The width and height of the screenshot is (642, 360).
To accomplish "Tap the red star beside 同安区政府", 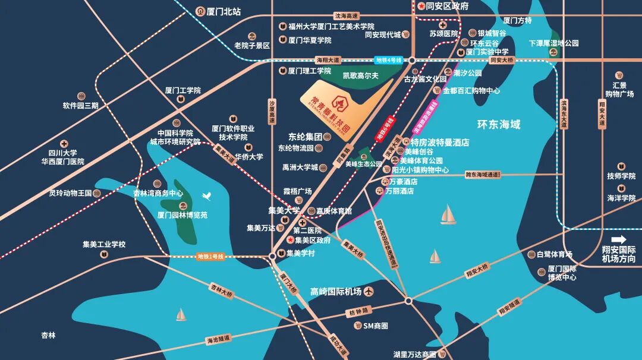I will (421, 7).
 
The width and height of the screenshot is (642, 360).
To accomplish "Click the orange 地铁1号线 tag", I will (211, 257).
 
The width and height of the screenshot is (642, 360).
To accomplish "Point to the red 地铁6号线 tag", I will (384, 129).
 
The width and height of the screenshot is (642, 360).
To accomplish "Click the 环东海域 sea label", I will (499, 125).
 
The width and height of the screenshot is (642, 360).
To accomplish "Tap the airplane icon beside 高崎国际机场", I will (369, 292).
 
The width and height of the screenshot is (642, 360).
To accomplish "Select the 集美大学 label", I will (284, 211).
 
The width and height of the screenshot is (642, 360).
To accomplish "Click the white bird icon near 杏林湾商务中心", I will (207, 195).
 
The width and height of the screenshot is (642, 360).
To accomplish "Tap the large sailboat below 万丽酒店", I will (448, 214).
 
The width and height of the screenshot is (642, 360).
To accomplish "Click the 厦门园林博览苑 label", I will (182, 215).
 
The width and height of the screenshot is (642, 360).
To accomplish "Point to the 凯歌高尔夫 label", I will (361, 76).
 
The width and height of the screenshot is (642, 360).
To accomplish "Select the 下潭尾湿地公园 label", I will (554, 43).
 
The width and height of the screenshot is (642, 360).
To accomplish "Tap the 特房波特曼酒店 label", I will (440, 143).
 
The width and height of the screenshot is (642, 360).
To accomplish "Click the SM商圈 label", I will (376, 326).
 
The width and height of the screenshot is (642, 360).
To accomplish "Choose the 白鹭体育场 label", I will (554, 254).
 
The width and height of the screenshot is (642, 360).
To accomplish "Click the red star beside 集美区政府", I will (290, 240).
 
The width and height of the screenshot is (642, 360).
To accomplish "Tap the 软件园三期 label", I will (80, 106).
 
